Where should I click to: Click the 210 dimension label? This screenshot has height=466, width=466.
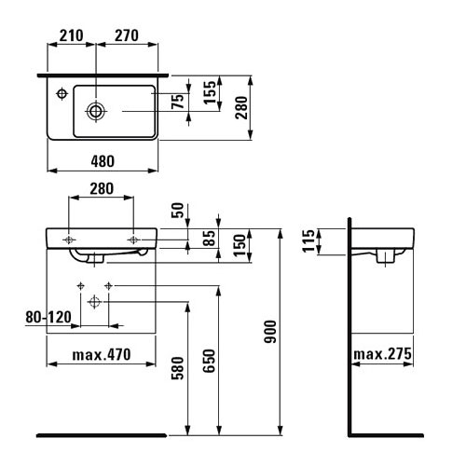tap(71, 35)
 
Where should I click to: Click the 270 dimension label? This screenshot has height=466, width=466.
tap(127, 35)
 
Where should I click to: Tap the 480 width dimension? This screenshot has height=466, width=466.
tap(103, 161)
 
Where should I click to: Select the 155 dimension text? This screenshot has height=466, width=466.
tap(210, 92)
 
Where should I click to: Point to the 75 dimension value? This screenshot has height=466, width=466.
tap(178, 102)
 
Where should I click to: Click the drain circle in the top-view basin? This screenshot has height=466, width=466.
tap(96, 111)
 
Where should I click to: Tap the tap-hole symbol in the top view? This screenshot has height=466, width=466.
tap(62, 93)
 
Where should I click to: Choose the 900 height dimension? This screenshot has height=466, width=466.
tap(270, 332)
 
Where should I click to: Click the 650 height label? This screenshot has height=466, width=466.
tap(209, 361)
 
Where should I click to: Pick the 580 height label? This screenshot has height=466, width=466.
tap(178, 368)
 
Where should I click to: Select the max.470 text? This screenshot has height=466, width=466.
tap(102, 355)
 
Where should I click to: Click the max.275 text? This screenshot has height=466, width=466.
tap(382, 354)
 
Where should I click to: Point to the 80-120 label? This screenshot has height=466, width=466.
tap(48, 318)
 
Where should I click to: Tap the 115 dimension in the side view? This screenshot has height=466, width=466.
tap(308, 241)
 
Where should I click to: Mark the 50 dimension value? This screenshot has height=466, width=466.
tap(178, 211)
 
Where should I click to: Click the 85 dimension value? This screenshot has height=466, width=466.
tap(209, 238)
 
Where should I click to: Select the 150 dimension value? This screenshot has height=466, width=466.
tap(240, 245)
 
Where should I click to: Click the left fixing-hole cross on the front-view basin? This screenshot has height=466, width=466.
tap(69, 240)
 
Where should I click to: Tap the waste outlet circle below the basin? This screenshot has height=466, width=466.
tap(94, 302)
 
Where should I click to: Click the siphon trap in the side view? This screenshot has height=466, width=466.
tap(385, 256)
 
